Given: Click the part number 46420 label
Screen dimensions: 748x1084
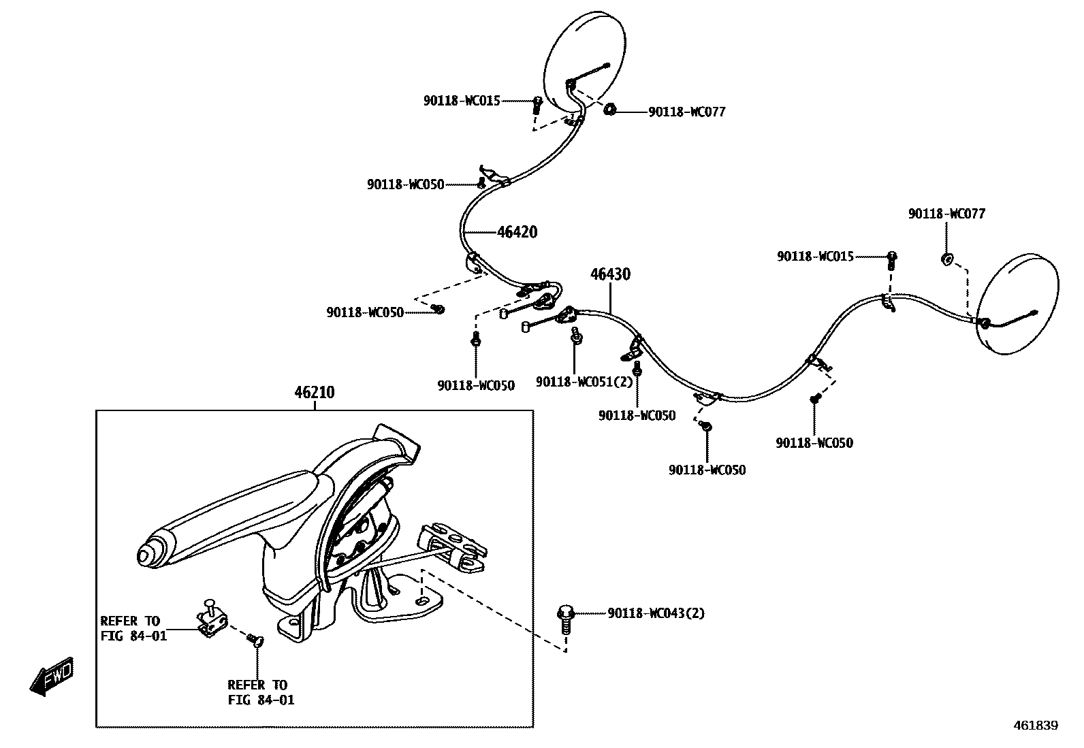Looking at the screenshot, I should pos(517,232).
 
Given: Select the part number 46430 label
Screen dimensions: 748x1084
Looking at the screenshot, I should pos(610,274).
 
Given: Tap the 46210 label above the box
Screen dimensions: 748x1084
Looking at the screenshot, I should pos(315,393).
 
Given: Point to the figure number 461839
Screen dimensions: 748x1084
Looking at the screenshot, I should pos(1035,726).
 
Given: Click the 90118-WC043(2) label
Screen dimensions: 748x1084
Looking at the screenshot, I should pos(656,613).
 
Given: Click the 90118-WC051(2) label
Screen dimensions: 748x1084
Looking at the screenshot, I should pos(584,382).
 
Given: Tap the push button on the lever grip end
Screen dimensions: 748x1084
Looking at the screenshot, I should pos(146,555).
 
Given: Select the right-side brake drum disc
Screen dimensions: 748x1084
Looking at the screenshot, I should pos(1019,304).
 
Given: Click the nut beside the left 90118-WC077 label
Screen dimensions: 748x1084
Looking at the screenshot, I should pos(610,109).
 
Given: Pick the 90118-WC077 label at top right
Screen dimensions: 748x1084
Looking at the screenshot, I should pos(946,214).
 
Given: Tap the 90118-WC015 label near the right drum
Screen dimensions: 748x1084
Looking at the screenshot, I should pos(815,257).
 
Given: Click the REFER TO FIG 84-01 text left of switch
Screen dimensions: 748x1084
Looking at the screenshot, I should pos(133,629).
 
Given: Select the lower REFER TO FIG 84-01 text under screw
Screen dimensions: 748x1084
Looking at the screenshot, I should pos(261,692).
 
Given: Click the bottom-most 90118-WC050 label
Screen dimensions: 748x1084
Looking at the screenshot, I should pos(707,470).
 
